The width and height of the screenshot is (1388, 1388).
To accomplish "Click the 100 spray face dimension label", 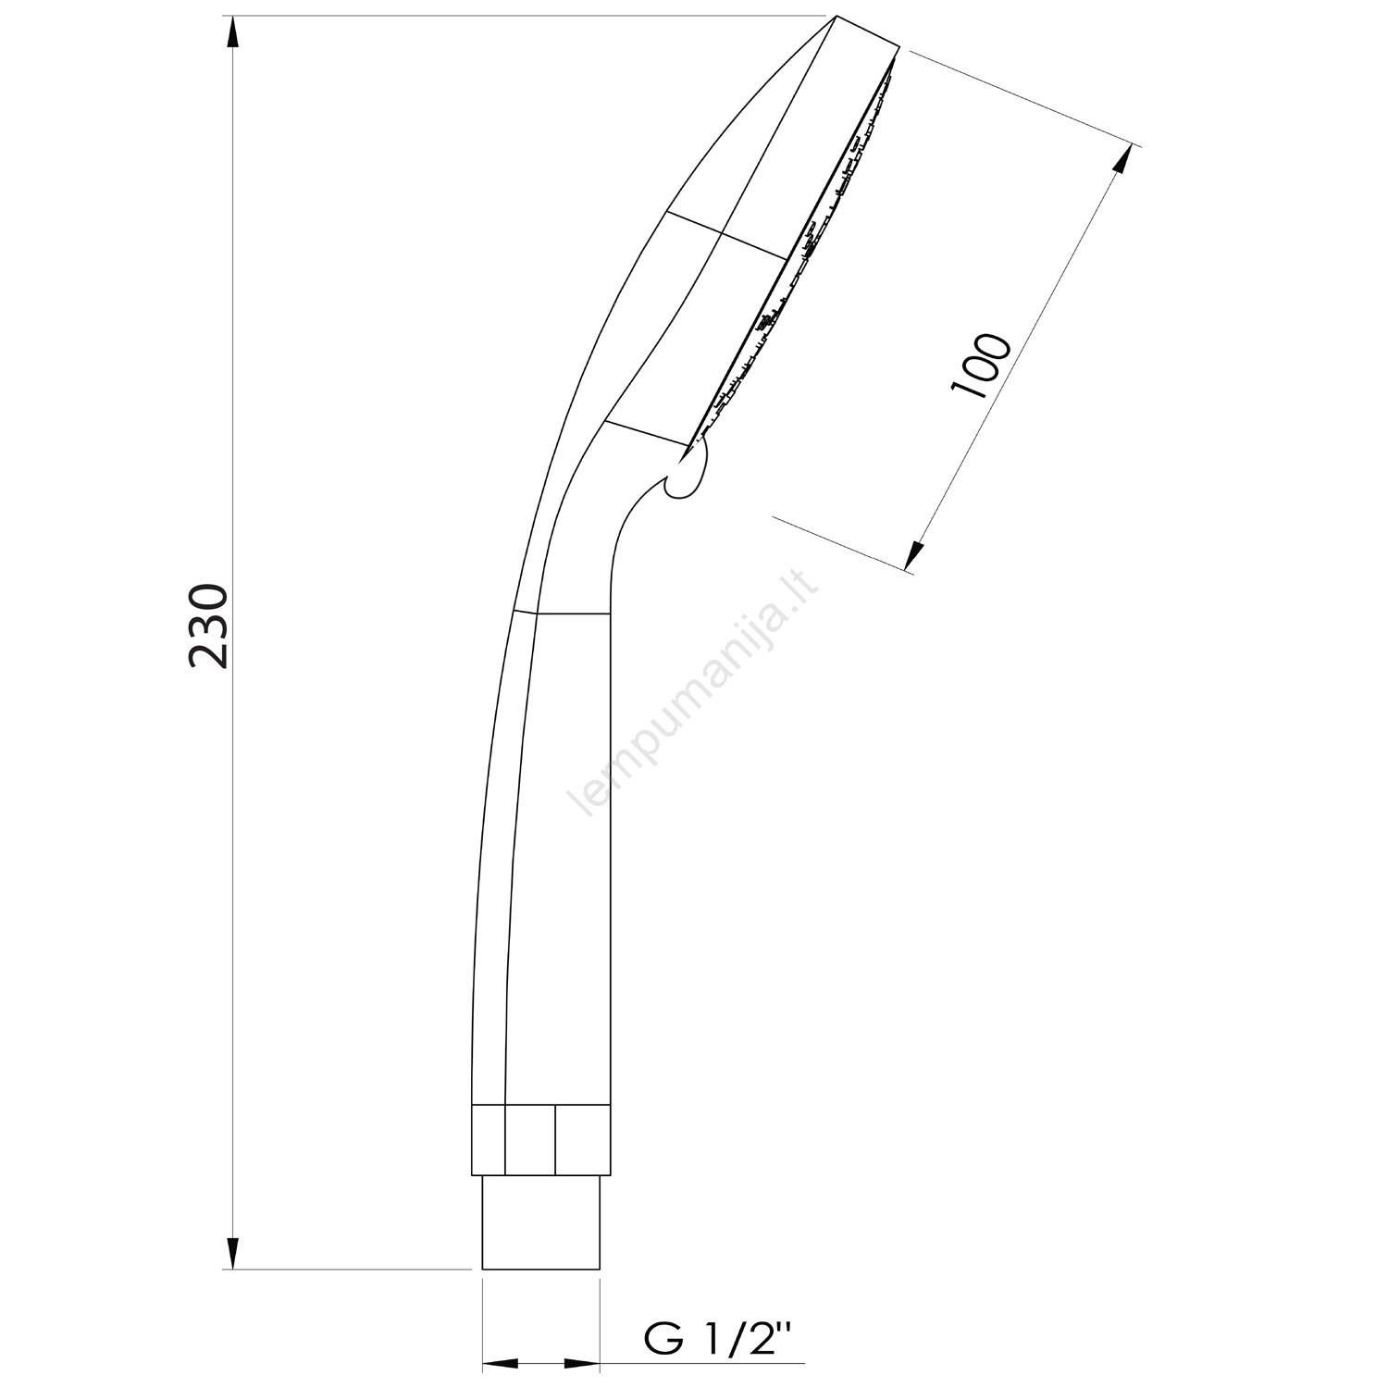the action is [x=980, y=365].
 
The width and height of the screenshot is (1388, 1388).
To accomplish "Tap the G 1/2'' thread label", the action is [x=719, y=1338].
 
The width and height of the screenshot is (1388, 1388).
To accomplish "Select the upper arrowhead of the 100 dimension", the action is [x=1123, y=162].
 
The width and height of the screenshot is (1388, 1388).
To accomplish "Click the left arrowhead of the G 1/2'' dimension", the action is [x=501, y=1363].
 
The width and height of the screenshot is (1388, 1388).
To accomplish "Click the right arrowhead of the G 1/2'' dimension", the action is [x=581, y=1363].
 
